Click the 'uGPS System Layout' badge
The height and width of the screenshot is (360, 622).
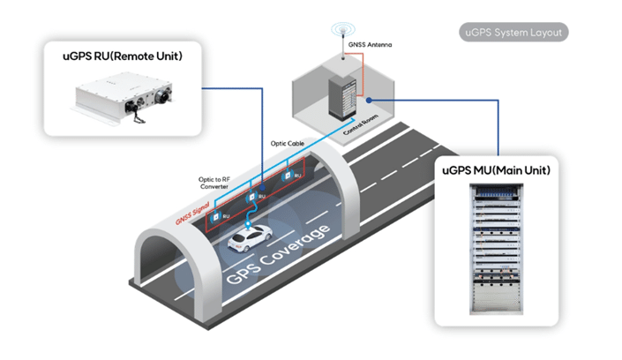pos(515,33)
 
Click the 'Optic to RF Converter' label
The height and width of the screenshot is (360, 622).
pos(217,183)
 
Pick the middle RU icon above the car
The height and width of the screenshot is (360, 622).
pos(251,196)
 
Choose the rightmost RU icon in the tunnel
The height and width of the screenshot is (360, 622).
pos(288,176)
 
